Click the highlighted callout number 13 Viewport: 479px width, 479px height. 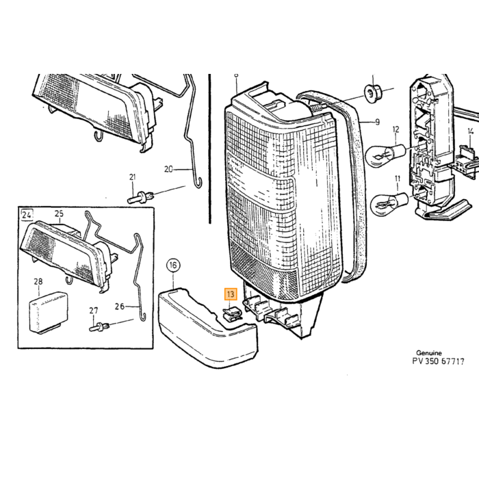231,294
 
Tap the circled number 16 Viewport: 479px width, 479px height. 173,266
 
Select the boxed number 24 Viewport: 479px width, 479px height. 27,215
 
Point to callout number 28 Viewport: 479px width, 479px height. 38,281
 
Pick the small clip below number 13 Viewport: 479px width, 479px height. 233,314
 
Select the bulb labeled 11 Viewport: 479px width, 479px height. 389,201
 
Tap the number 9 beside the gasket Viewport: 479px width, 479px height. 378,122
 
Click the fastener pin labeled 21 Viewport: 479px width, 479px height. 140,197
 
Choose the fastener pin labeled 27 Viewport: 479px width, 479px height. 100,326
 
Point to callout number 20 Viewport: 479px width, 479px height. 168,169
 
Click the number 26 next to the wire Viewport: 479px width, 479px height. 120,306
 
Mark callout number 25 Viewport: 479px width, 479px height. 60,213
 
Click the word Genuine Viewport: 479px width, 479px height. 429,353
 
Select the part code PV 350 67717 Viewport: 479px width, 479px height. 438,361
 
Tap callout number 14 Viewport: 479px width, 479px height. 471,131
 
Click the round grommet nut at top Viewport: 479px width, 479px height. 372,92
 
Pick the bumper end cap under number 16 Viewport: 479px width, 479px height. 207,328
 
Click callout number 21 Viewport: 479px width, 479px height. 132,177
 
